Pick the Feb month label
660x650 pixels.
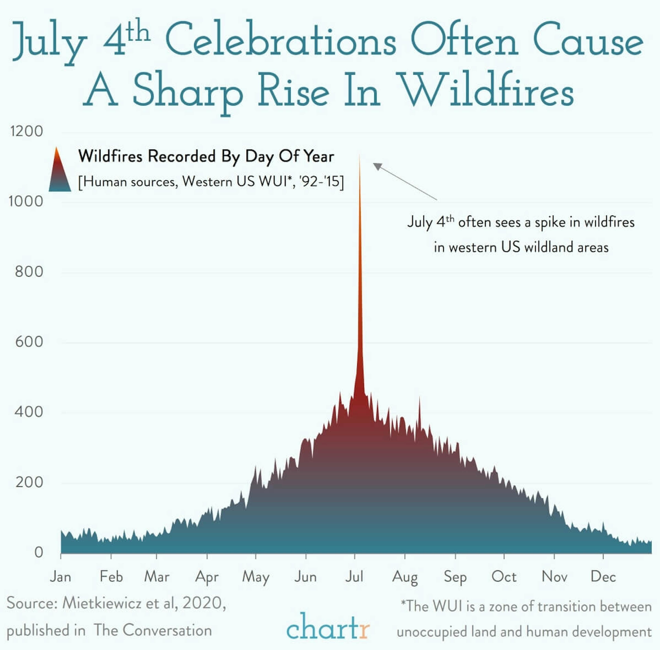111,577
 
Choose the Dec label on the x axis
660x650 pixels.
603,577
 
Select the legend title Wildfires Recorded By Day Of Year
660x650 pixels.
206,156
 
